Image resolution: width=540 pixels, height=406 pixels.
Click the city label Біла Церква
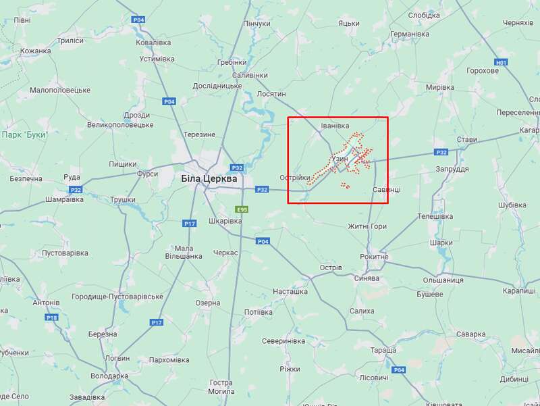tap(209, 179)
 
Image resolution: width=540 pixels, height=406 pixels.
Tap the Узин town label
tap(340, 159)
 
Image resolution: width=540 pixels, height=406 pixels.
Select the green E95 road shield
tap(241, 209)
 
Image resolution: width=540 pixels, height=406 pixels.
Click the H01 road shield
tap(500, 63)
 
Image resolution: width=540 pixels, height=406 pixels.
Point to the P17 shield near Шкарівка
tap(189, 223)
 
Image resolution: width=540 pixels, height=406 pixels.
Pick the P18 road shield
tap(52, 317)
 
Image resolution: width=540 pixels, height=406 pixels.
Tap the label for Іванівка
tap(335, 126)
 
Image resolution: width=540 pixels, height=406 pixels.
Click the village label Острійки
tap(295, 178)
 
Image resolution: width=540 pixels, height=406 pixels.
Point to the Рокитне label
tap(374, 257)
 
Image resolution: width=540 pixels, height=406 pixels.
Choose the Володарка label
tap(109, 376)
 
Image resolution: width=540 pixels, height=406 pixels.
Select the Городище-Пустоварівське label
tap(118, 297)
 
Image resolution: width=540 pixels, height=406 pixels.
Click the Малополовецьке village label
tap(60, 90)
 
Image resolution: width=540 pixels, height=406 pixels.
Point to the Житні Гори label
tap(367, 226)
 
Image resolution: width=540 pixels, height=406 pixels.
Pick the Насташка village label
tap(290, 292)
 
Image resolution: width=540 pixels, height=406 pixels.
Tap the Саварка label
tap(470, 334)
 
